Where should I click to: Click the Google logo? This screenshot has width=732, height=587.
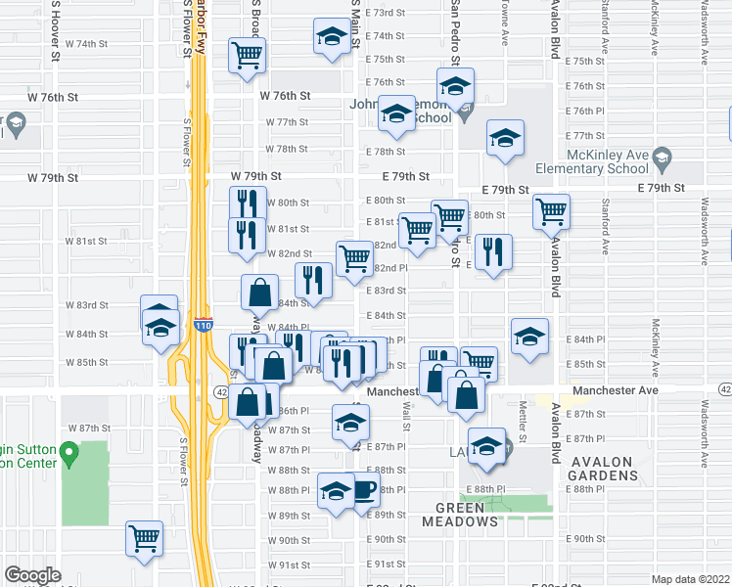pyautogui.click(x=32, y=575)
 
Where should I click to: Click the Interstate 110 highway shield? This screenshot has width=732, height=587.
pyautogui.click(x=203, y=326)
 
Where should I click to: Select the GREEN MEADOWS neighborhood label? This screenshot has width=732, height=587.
pyautogui.click(x=466, y=515)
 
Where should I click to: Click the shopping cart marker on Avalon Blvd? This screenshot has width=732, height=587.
pyautogui.click(x=552, y=209)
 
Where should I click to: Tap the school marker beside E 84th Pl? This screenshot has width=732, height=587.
pyautogui.click(x=528, y=338)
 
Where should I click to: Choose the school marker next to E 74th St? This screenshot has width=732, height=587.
pyautogui.click(x=332, y=37)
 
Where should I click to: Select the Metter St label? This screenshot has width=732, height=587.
pyautogui.click(x=524, y=421)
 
